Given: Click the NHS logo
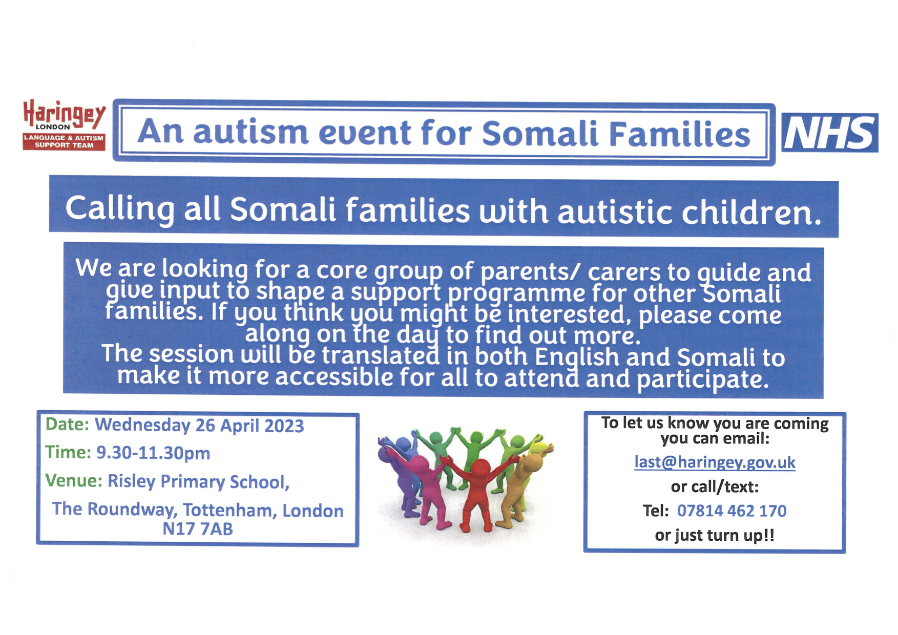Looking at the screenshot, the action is click(829, 133).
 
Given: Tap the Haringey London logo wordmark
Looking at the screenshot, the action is click(65, 115).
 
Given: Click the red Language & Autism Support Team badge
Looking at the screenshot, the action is click(64, 142).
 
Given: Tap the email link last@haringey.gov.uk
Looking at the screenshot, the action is click(715, 462).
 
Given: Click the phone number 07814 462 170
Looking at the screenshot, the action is click(732, 511).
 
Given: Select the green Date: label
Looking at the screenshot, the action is click(68, 425).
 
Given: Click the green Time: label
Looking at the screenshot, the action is click(68, 452).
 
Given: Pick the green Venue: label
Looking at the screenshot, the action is click(74, 480).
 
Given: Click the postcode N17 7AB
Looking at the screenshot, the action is click(198, 528).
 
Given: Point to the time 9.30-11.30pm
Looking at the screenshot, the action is click(153, 453).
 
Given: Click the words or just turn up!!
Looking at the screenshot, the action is click(715, 536).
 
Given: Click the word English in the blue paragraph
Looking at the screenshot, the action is click(577, 357).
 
